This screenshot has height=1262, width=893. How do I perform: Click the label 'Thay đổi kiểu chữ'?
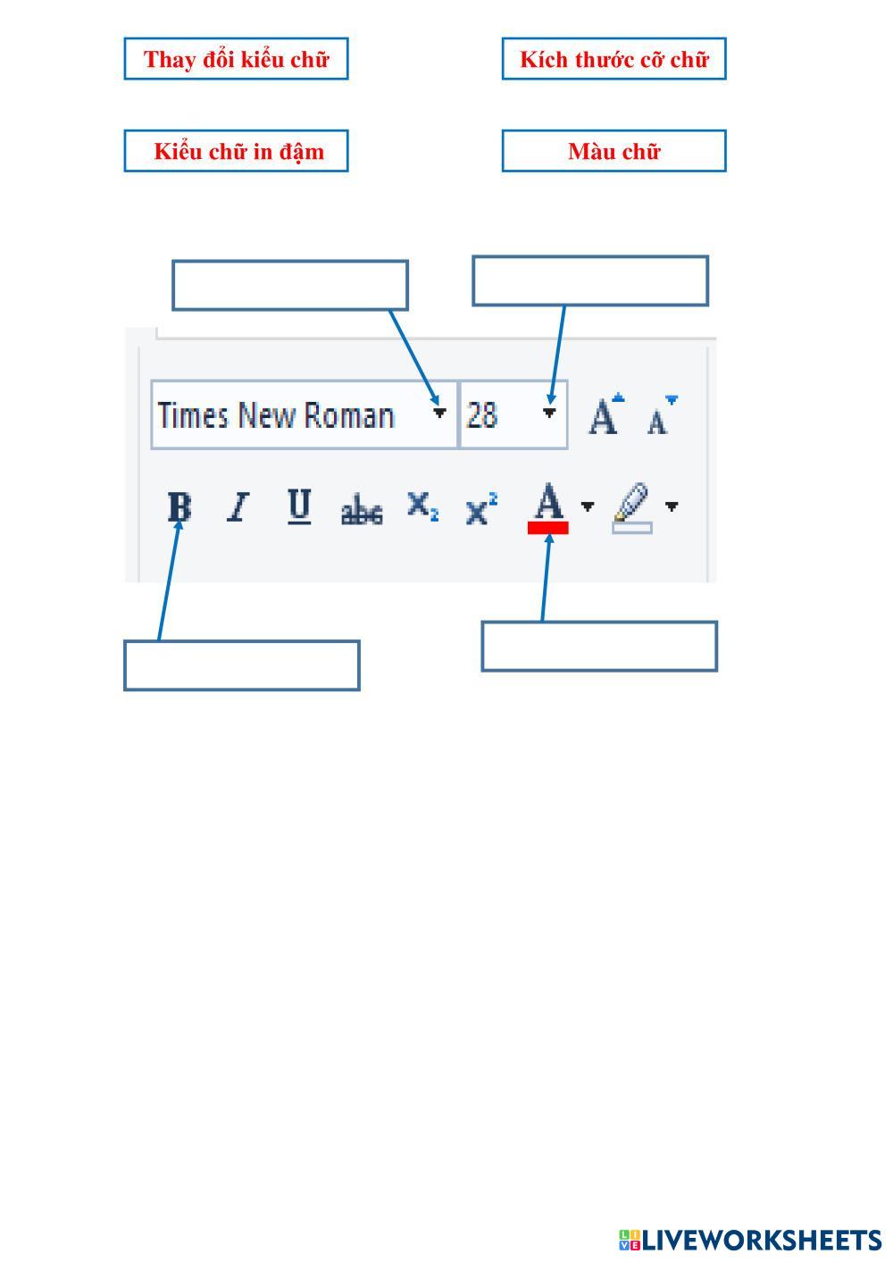[236, 59]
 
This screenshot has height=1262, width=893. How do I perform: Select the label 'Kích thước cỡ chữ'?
[613, 59]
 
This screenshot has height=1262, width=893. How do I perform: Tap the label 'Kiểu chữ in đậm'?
[236, 151]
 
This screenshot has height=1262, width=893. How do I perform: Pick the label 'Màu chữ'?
[613, 151]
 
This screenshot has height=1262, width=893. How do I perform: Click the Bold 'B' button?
[179, 507]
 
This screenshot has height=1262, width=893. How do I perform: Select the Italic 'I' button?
[238, 507]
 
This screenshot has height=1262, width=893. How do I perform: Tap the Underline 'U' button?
[300, 506]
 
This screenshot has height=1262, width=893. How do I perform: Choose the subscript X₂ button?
[422, 506]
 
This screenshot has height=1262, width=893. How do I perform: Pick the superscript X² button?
[481, 509]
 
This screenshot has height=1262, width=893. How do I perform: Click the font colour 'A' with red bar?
[548, 507]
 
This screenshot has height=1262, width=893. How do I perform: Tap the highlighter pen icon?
[632, 507]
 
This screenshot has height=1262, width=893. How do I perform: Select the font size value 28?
[482, 415]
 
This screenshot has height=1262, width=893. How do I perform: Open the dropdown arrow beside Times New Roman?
[439, 413]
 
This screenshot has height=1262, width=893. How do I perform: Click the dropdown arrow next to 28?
[550, 413]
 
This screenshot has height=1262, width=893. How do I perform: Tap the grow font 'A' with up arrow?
[605, 415]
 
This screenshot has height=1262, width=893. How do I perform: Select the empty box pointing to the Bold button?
[241, 665]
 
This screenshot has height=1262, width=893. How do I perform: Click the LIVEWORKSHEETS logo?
[749, 1240]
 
